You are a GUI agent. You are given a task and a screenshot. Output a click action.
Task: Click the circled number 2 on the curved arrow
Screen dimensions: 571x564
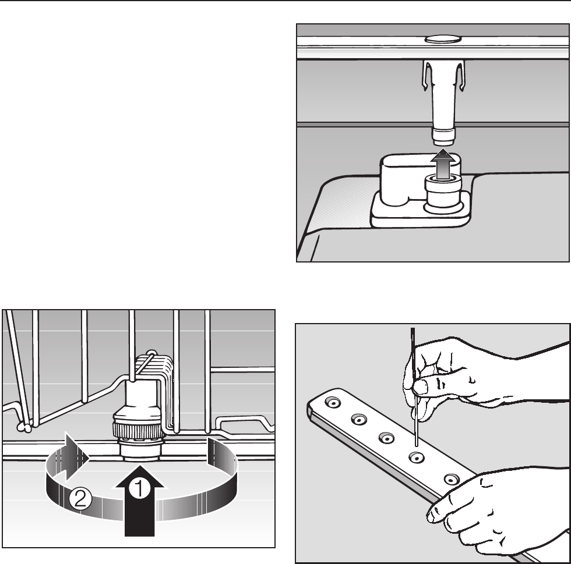click(x=80, y=498)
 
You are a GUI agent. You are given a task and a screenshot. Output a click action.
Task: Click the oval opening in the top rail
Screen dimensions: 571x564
click(x=442, y=39)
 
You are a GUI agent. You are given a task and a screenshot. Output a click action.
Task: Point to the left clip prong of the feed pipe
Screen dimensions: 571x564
click(x=427, y=76)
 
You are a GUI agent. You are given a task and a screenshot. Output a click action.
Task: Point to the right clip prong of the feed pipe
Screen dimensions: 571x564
click(x=460, y=76)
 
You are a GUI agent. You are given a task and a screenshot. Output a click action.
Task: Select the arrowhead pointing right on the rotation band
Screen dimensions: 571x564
click(x=77, y=457)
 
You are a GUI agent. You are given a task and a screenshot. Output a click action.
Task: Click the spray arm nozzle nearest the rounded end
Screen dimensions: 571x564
click(x=333, y=402)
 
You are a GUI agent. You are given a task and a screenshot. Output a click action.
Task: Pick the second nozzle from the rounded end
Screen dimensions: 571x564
click(x=359, y=420)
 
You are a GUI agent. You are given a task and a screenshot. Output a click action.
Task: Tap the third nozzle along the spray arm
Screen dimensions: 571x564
click(x=386, y=438)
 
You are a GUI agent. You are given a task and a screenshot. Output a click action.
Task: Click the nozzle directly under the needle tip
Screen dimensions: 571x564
click(x=417, y=457)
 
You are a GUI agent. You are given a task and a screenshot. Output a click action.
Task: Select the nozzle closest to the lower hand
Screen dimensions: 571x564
click(x=452, y=479)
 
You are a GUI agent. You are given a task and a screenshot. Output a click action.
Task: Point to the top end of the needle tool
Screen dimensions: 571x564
click(x=413, y=329)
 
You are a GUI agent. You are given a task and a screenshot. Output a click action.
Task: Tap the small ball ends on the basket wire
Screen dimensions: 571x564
click(x=24, y=428)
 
